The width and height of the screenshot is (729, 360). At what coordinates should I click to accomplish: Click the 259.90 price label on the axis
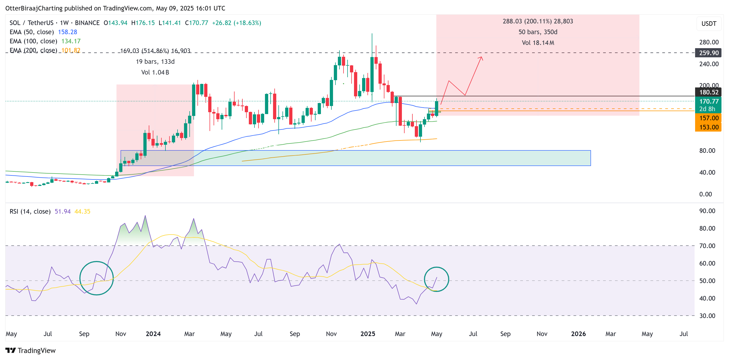coord(708,53)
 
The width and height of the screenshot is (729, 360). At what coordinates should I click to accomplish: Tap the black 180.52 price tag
coord(708,92)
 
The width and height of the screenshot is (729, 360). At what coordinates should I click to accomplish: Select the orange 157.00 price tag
coord(708,118)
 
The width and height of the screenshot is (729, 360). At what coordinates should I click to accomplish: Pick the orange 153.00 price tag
coord(708,127)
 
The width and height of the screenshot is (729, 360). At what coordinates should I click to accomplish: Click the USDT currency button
coord(708,24)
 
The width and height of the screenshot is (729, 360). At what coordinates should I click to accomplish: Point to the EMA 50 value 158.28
coord(67,32)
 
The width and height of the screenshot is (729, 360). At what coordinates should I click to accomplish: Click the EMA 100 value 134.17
coord(71,41)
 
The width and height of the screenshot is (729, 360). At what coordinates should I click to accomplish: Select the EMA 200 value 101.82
coord(71,50)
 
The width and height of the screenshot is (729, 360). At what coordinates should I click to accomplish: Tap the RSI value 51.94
coord(62,211)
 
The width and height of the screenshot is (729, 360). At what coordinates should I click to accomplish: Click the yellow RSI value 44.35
coord(82,211)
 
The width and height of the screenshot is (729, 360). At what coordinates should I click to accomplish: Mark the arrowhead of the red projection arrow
coord(481,58)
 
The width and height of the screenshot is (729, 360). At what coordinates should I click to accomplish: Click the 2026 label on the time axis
coord(578,334)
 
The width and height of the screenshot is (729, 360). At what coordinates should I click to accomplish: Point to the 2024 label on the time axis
coord(153,334)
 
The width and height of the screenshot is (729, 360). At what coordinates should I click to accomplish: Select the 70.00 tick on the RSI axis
coord(707,246)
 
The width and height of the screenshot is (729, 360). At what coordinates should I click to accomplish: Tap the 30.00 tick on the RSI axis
coord(707,316)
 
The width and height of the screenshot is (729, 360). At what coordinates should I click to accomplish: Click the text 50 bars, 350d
coord(538,32)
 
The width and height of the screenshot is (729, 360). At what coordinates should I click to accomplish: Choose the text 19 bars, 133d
coord(155,61)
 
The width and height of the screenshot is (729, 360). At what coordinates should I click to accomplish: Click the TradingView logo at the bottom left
coord(31,350)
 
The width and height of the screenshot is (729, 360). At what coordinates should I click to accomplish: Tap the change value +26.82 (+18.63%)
coord(236,23)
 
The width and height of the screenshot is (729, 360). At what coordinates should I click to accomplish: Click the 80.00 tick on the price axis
coord(707,151)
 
